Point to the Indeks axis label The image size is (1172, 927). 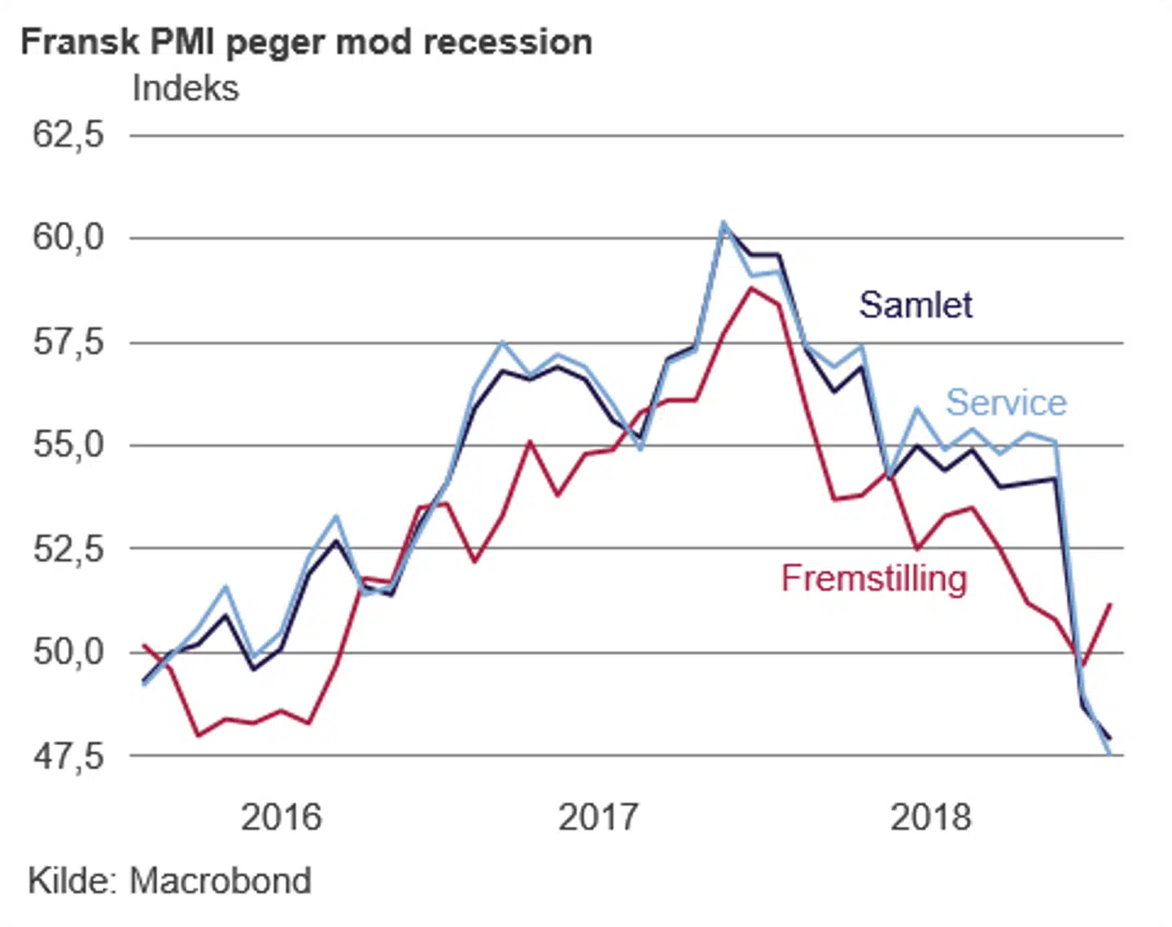[186, 89]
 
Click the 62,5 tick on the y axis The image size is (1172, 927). [68, 134]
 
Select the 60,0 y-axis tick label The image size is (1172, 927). [68, 237]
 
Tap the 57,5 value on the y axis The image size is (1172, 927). [68, 342]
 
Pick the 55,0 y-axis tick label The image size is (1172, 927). [68, 445]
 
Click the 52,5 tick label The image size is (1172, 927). [68, 549]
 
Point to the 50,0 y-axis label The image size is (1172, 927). [68, 652]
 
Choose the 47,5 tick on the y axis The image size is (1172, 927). [68, 756]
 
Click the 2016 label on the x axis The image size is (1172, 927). [282, 816]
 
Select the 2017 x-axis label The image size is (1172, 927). [598, 816]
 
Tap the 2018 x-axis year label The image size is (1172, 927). [930, 816]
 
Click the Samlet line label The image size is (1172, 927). [916, 305]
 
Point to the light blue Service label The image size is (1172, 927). [1006, 403]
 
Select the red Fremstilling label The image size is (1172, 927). [874, 578]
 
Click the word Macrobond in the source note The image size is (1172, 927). [221, 881]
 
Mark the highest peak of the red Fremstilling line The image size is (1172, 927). [751, 288]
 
